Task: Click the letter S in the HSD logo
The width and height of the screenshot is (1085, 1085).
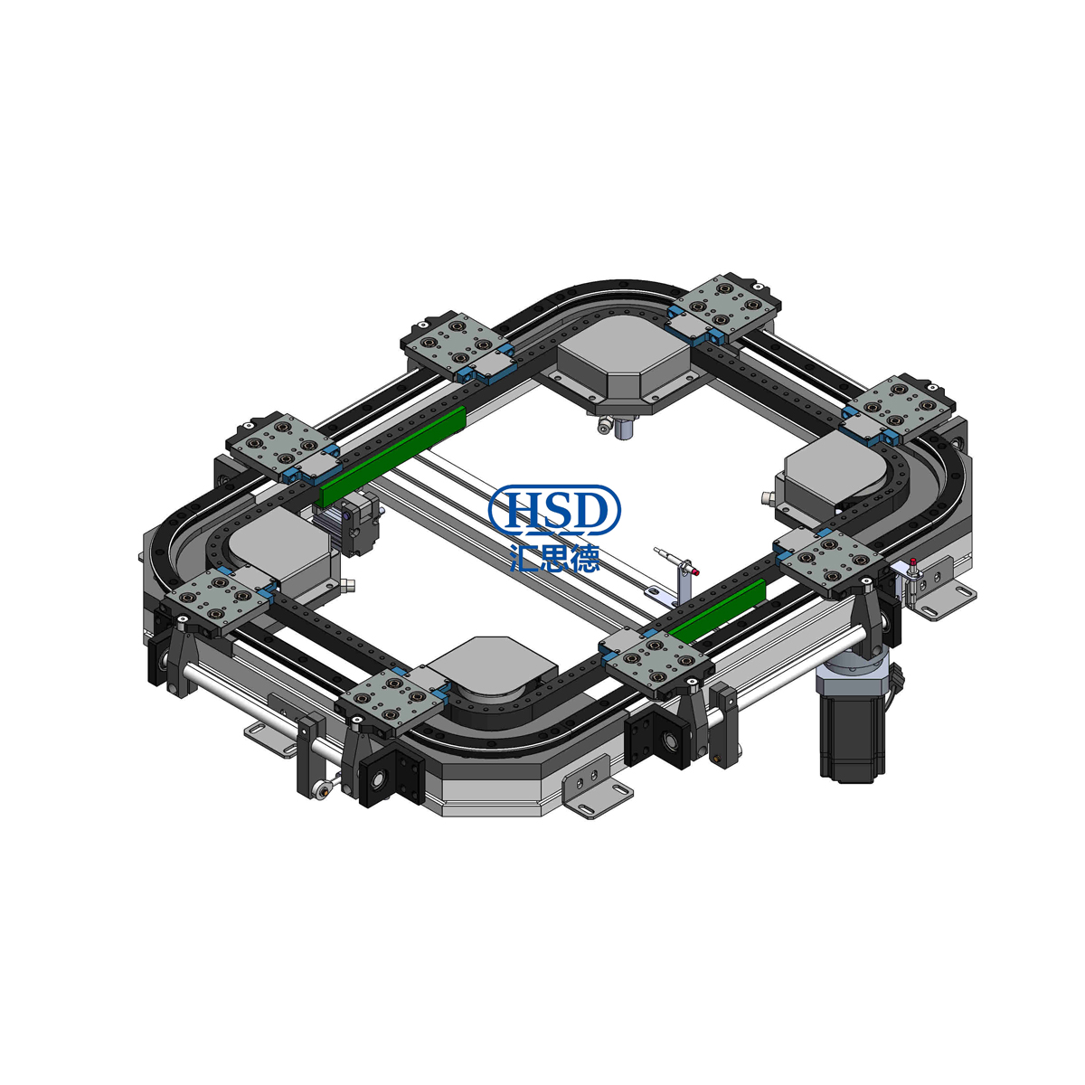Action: click(554, 510)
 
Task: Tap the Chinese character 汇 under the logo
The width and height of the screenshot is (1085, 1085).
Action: click(526, 555)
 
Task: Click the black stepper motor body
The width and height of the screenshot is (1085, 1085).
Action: click(851, 732)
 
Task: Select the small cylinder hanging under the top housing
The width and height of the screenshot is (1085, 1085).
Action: click(623, 429)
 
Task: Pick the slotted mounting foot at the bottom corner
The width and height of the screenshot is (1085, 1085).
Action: click(593, 799)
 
